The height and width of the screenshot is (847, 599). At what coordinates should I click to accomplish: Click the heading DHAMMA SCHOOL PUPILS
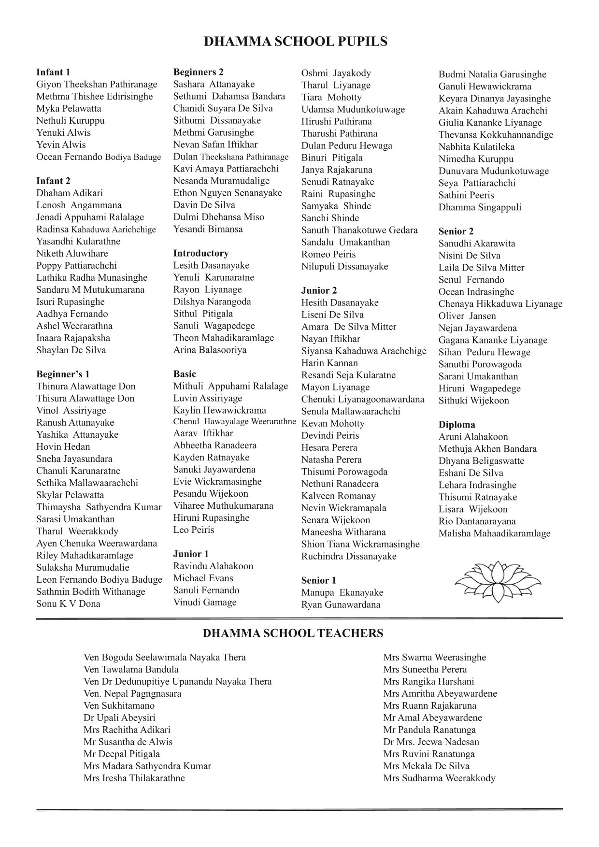[x=296, y=42]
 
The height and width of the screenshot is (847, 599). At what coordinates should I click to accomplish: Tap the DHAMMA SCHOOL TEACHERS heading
[x=293, y=633]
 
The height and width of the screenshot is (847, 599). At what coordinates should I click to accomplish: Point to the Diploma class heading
[x=456, y=425]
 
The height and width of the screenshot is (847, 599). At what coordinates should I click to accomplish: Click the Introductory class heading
[x=201, y=253]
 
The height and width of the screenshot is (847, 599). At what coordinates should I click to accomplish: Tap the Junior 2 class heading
[x=319, y=290]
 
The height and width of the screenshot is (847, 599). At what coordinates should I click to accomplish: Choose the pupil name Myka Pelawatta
[x=69, y=108]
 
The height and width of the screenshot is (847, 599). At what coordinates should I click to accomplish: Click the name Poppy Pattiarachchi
[x=76, y=265]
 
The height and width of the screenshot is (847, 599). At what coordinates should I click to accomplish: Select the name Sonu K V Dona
[x=68, y=603]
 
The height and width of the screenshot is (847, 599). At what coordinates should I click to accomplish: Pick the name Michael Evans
[x=203, y=578]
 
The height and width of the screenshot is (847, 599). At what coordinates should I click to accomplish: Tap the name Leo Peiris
[x=194, y=530]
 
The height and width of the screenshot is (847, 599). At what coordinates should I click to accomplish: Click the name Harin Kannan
[x=329, y=363]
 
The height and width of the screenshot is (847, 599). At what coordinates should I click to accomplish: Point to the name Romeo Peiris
[x=328, y=254]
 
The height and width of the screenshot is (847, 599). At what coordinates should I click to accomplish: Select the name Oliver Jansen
[x=467, y=316]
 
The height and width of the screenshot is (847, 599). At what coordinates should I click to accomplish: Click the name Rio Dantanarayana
[x=477, y=521]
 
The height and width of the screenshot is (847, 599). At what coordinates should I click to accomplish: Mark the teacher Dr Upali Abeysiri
[x=119, y=718]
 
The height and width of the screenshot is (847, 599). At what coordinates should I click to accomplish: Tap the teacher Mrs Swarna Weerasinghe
[x=434, y=657]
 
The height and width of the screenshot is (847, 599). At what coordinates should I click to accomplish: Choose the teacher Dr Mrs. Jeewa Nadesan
[x=431, y=742]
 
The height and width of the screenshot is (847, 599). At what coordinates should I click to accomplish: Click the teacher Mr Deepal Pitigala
[x=122, y=754]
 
